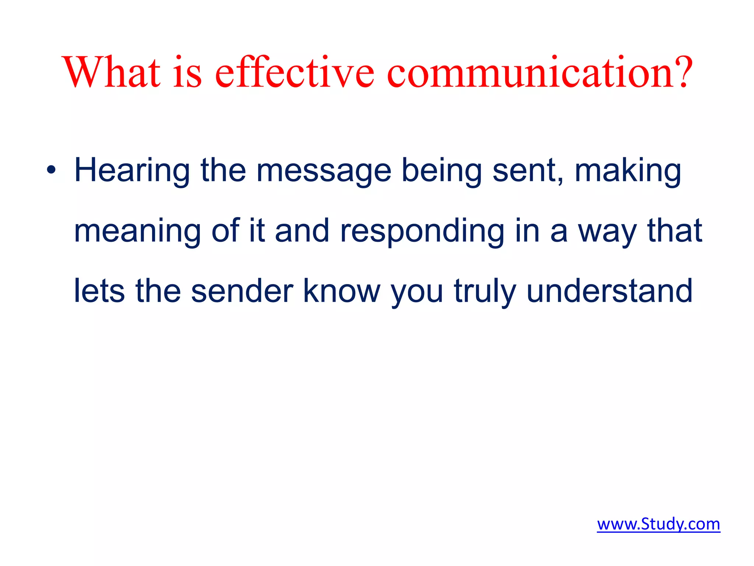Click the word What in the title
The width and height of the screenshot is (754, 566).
112,72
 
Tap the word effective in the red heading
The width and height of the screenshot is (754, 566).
295,72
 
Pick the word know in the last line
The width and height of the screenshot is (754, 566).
341,291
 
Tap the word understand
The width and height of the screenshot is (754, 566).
610,291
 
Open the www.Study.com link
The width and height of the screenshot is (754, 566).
658,524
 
